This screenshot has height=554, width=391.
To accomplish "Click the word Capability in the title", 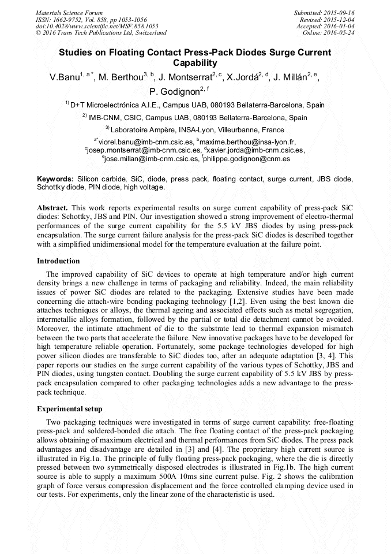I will pyautogui.click(x=195, y=63).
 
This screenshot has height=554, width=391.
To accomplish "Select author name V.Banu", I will pyautogui.click(x=64, y=77).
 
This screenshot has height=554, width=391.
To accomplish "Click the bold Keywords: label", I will pyautogui.click(x=55, y=180).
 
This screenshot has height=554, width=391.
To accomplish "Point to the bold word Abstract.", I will pyautogui.click(x=52, y=207).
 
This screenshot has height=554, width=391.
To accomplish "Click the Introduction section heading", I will pyautogui.click(x=58, y=261).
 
